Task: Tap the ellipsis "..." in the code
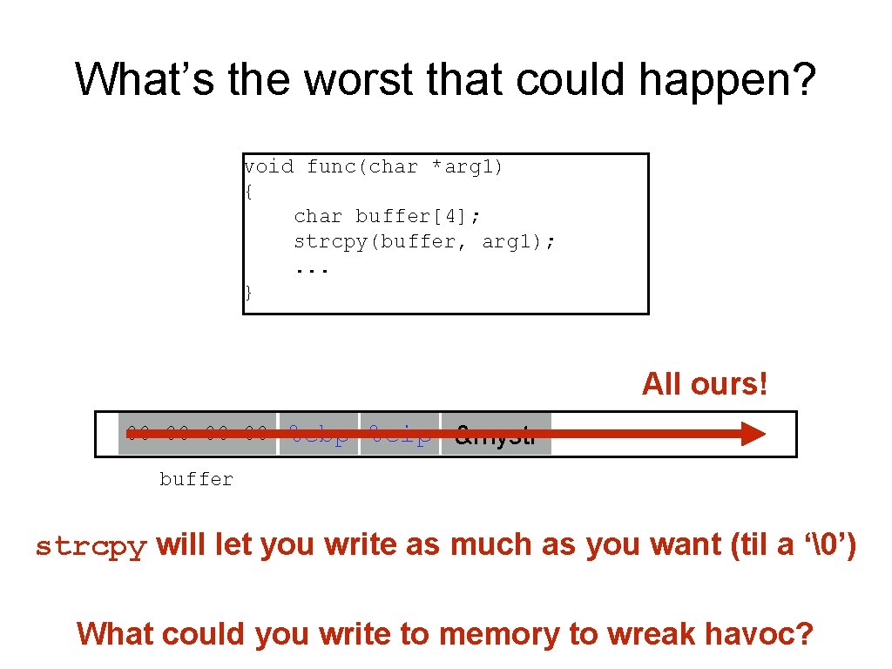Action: tap(312, 268)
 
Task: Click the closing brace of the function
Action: tap(248, 292)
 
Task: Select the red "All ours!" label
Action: tap(705, 383)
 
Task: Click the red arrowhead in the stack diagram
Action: tap(752, 434)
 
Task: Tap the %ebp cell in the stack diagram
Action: tap(318, 434)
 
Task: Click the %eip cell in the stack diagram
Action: tap(400, 434)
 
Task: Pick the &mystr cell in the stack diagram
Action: tap(496, 434)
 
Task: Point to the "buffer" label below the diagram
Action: tap(196, 479)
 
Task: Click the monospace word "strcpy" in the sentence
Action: tap(91, 547)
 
